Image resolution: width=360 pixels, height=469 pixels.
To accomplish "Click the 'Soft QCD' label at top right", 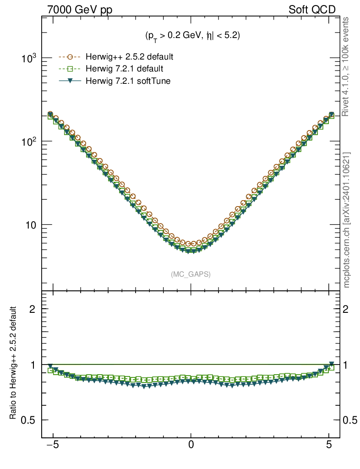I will (x=312, y=10).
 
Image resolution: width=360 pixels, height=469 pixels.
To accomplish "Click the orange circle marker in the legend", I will (x=70, y=57).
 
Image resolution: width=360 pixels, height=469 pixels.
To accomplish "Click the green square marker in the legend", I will (x=70, y=69).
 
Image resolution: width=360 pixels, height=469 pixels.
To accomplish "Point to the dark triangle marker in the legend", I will (x=70, y=81).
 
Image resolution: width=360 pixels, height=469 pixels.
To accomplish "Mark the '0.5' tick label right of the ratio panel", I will (x=350, y=420).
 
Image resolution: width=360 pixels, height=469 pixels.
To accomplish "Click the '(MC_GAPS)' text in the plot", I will (x=191, y=274).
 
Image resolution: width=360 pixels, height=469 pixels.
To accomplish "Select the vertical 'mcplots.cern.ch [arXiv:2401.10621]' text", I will (x=347, y=220).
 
